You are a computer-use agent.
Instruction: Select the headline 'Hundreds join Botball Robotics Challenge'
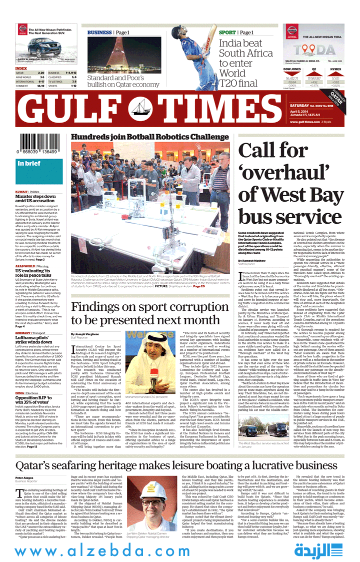pyautogui.click(x=149, y=137)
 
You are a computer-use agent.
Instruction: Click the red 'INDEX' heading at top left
pyautogui.click(x=21, y=68)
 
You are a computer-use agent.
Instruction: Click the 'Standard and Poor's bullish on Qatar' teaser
pyautogui.click(x=122, y=81)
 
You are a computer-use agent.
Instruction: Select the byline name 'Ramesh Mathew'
pyautogui.click(x=253, y=261)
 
